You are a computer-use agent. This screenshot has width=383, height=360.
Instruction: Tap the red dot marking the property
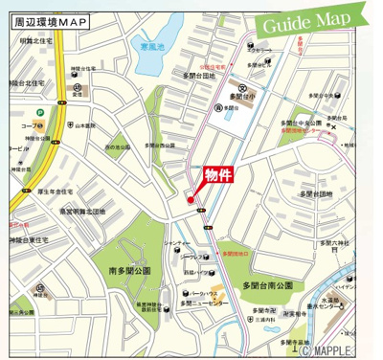tap(191, 199)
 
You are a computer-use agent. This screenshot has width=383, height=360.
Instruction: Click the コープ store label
tap(29, 125)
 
